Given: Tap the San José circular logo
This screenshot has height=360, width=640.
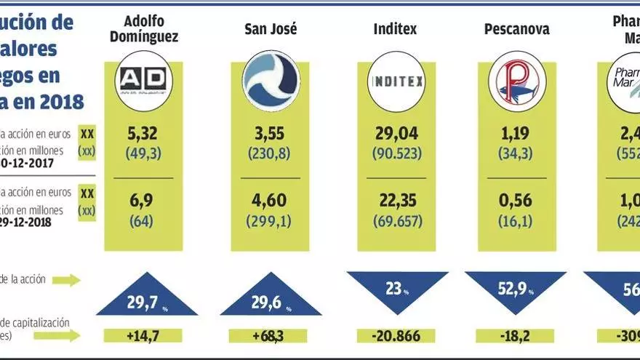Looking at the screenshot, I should pyautogui.click(x=270, y=85).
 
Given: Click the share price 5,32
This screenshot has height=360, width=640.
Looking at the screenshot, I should pyautogui.click(x=143, y=134).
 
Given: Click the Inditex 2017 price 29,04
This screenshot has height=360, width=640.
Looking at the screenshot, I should pyautogui.click(x=396, y=134).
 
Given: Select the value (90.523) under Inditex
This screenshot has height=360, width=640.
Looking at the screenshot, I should pyautogui.click(x=396, y=154).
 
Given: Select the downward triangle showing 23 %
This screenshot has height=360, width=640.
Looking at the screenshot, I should pyautogui.click(x=397, y=287).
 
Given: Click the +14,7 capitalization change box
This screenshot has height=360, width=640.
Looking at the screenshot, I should pyautogui.click(x=143, y=336).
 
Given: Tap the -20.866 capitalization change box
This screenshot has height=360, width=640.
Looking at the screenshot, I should pyautogui.click(x=396, y=336).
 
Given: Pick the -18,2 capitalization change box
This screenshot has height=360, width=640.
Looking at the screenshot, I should pyautogui.click(x=516, y=336).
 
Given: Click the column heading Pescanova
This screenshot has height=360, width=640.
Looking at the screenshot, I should pyautogui.click(x=516, y=30).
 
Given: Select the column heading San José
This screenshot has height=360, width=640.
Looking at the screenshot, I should pyautogui.click(x=271, y=30).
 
